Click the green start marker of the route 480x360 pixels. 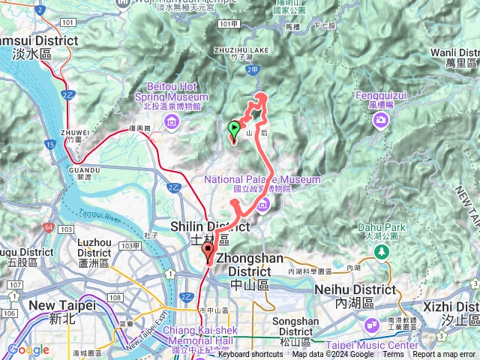click(234, 129)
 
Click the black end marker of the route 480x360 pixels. click(208, 253)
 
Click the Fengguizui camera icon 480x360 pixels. click(382, 120)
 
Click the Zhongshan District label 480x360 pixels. click(243, 264)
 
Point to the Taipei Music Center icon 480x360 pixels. click(371, 325)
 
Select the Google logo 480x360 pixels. click(28, 350)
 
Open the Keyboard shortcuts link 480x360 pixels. click(250, 355)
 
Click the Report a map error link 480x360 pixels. click(444, 355)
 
